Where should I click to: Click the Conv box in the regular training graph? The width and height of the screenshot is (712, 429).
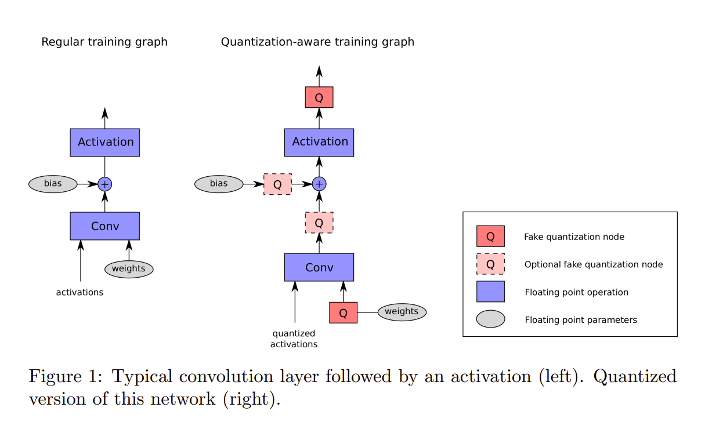[104, 226]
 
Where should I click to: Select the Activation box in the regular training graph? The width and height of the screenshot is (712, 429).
[104, 143]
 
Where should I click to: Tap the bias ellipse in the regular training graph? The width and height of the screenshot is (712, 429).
[53, 184]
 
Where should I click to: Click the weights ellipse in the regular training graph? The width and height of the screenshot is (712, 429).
[129, 269]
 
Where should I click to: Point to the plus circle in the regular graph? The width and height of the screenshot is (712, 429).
[104, 184]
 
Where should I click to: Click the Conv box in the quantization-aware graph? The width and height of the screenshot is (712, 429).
[319, 267]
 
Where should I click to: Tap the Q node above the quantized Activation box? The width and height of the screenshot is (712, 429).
[319, 97]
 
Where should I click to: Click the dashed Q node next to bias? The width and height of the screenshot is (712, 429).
[277, 184]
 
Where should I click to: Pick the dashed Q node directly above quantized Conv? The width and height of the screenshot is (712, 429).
[319, 223]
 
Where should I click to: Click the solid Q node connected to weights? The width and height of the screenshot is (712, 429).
[343, 312]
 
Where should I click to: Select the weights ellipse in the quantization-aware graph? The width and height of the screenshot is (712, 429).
[402, 312]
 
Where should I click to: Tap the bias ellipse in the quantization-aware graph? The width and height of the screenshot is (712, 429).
[219, 184]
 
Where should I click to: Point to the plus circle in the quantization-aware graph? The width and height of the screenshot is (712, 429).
[319, 184]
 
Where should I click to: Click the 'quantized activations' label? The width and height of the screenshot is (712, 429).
[294, 339]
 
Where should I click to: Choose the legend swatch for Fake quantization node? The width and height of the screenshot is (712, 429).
[490, 237]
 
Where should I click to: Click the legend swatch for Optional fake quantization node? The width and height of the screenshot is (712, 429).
[490, 264]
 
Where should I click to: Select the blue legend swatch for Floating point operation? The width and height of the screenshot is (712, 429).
[490, 292]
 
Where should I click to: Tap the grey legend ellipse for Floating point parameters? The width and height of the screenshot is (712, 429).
[490, 319]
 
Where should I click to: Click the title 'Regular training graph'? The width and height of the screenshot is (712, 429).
[104, 42]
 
